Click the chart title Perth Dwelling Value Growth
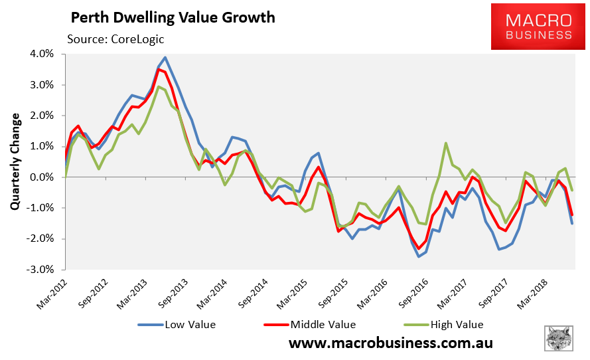(172, 17)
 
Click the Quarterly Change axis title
(15, 162)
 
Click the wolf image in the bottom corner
(559, 339)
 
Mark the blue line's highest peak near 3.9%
(165, 58)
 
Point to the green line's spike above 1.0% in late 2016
(446, 143)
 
